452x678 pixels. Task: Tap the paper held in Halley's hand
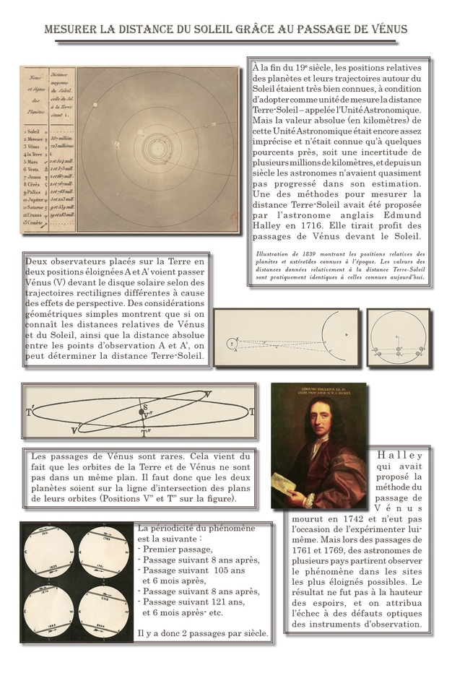point(288,491)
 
